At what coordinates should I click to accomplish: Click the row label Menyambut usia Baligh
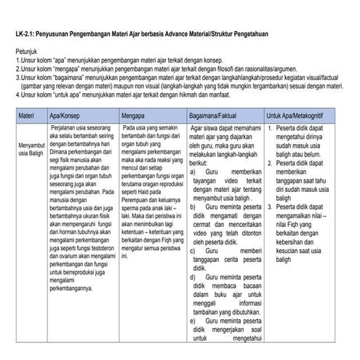click(31, 150)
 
